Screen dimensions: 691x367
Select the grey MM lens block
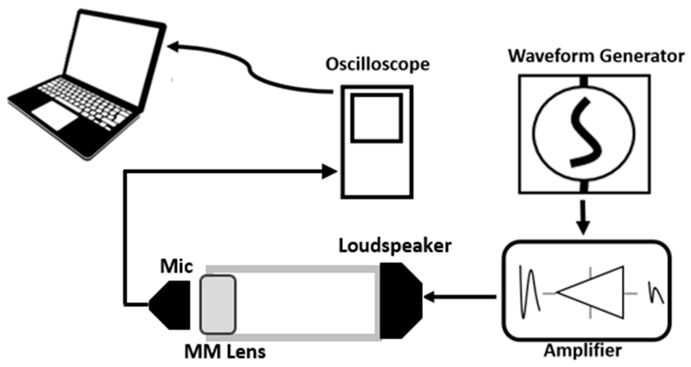tap(218, 305)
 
